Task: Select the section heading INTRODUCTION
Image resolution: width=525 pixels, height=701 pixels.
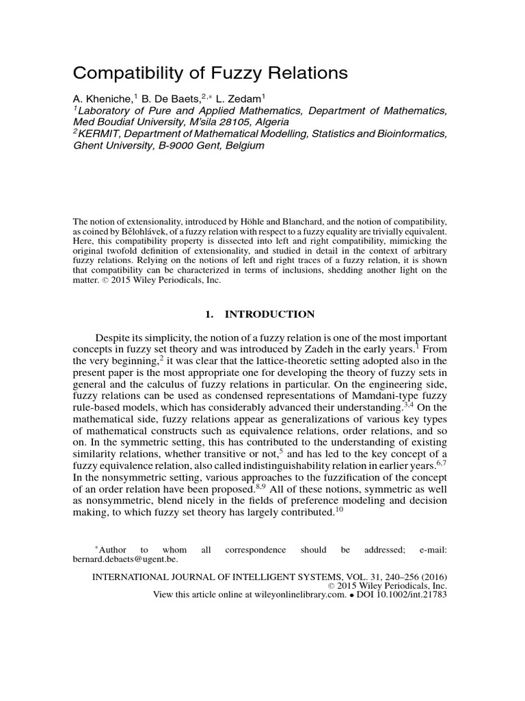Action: point(270,314)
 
